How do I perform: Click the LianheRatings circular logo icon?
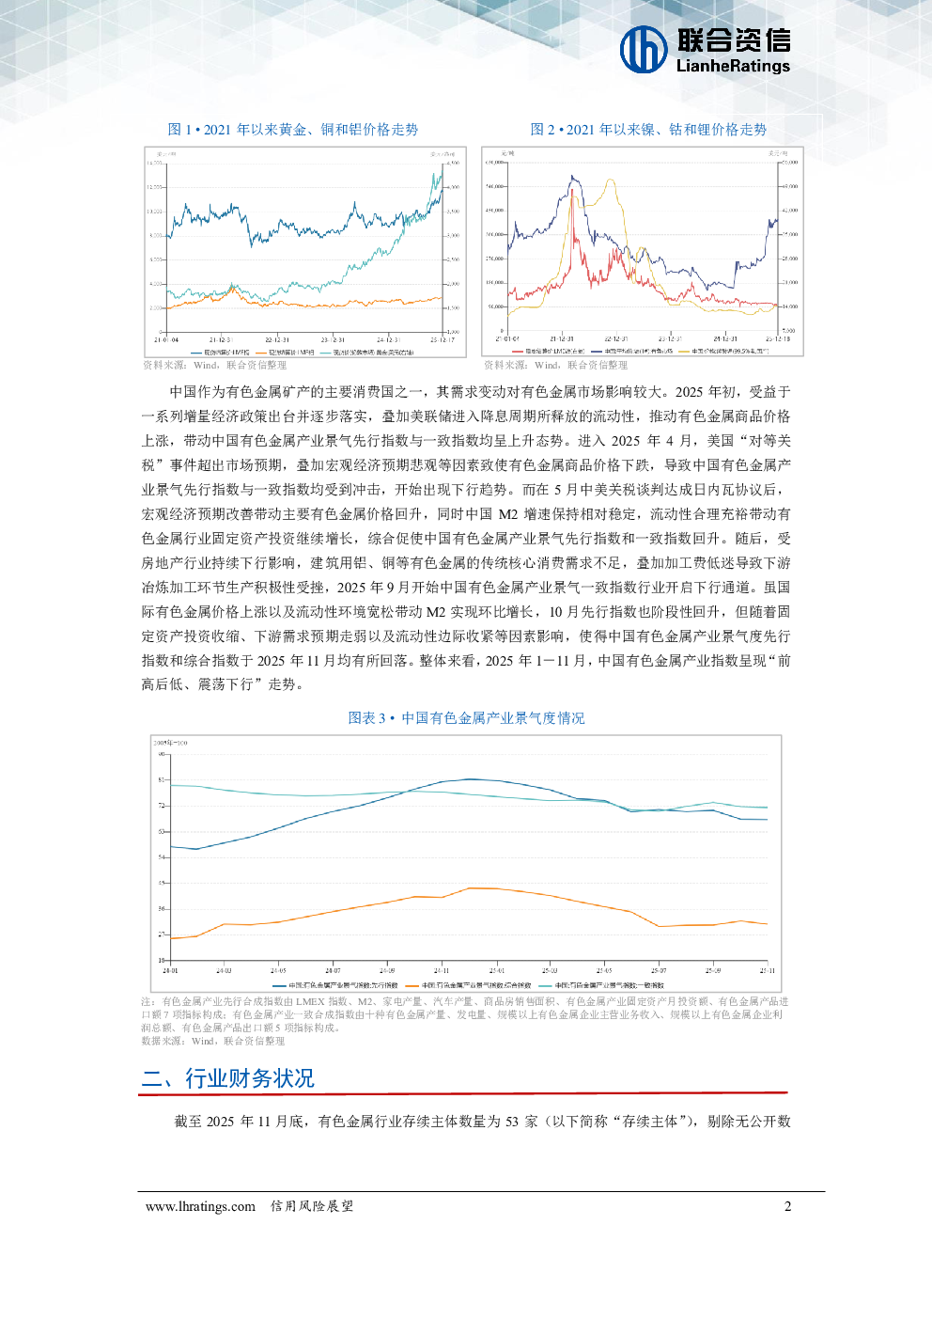click(644, 49)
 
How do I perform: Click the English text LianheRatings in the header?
click(733, 66)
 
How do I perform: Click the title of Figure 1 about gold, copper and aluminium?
click(292, 130)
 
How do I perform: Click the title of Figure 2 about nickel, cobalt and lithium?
click(648, 130)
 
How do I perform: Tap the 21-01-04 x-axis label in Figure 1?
click(166, 339)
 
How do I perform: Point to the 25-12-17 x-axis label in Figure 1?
click(442, 339)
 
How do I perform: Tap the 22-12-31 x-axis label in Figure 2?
click(615, 338)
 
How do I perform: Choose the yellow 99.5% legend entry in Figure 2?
click(728, 351)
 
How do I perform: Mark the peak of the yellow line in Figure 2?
click(613, 181)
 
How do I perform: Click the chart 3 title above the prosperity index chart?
click(466, 718)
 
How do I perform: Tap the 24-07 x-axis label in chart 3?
click(333, 970)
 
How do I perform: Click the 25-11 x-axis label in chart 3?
click(768, 970)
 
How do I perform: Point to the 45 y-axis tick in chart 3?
click(161, 884)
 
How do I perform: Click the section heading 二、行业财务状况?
click(227, 1078)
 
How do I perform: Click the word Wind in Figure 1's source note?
click(206, 366)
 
